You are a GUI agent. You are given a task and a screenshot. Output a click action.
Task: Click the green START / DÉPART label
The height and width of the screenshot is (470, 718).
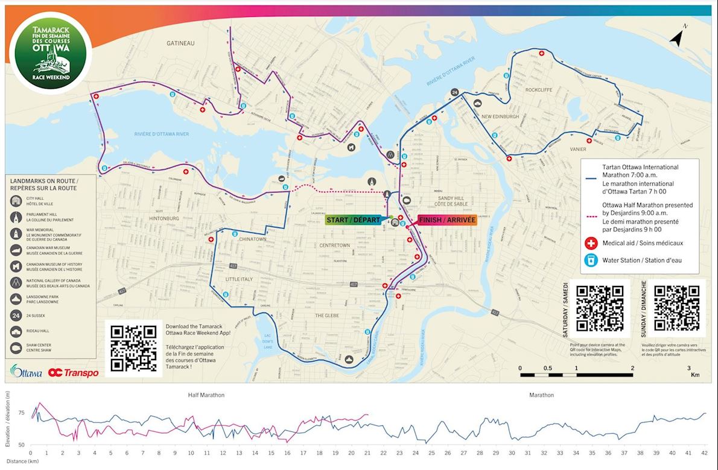coord(354,220)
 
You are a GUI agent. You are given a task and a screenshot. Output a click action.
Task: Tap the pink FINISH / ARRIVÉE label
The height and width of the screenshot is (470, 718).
coord(447,220)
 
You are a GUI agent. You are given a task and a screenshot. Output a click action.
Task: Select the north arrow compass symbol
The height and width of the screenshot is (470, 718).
coord(679,37)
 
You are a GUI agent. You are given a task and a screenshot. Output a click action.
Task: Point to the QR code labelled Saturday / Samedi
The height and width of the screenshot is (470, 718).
coord(599,308)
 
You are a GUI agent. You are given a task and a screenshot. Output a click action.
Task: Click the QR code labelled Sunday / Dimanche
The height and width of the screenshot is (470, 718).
coord(676,308)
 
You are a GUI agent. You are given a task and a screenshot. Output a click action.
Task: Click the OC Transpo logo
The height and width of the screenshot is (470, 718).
coord(73,373)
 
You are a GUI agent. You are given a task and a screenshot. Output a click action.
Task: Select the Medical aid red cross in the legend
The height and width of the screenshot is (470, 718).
coord(591,243)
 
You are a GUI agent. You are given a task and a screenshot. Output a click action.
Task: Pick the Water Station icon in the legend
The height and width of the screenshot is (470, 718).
coord(591,261)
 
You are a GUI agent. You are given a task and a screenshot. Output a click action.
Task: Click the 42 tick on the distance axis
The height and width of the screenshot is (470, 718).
coord(704,453)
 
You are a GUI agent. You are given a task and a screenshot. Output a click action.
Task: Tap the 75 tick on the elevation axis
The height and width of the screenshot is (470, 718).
coord(22,413)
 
